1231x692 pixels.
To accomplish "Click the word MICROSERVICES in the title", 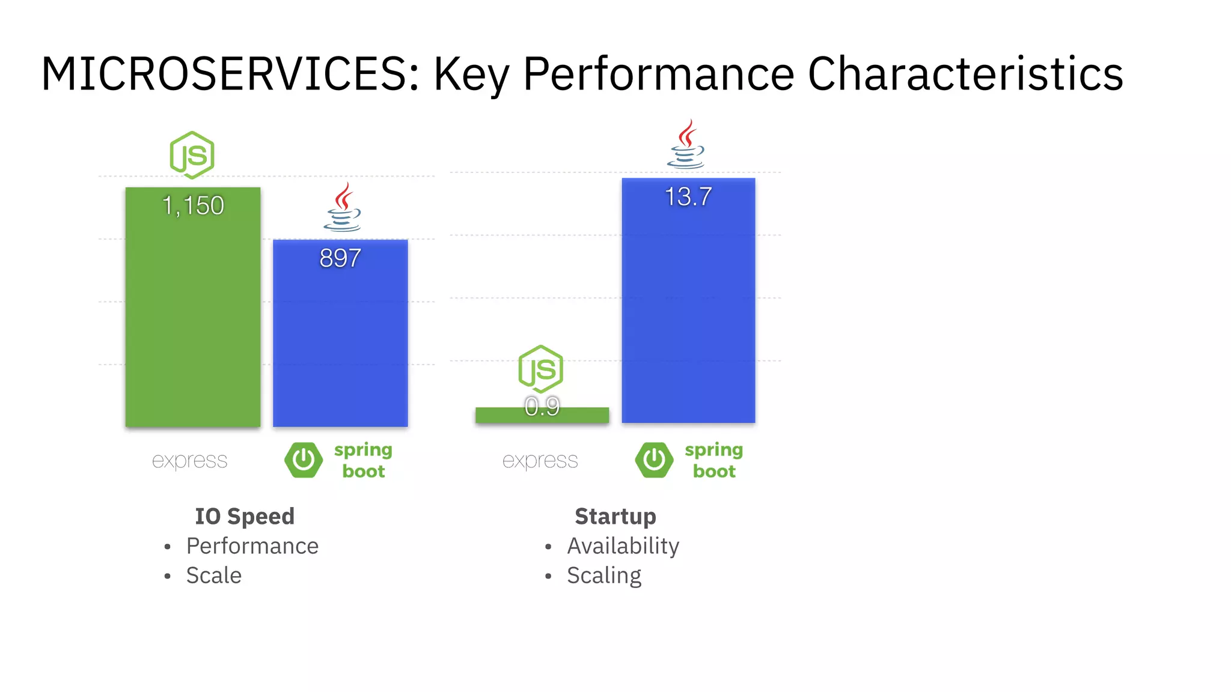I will pos(230,74).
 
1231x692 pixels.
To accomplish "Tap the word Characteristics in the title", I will pos(965,74).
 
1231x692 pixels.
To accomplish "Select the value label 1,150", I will pos(193,206).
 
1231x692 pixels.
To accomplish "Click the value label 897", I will pos(340,258).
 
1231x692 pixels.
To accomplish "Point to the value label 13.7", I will pos(688,197).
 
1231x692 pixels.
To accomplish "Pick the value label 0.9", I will pos(542,407).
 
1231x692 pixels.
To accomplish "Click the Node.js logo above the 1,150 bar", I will pos(192,155).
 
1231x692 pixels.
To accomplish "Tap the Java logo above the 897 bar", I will pos(343,208).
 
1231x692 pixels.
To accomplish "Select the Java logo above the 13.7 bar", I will pos(686,144).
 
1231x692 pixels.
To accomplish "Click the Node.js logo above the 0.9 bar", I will pos(540,369).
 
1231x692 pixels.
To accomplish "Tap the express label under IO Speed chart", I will pos(189,461).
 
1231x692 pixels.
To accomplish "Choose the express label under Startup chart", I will pos(540,461).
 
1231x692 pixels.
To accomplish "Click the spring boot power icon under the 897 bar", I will pos(304,460).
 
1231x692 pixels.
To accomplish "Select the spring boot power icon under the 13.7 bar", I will pos(654,460).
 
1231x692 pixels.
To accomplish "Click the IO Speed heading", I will pos(245,516).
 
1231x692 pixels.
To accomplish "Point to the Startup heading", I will pos(615,516).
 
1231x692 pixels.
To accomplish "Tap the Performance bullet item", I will pos(252,546).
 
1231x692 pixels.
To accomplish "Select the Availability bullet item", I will pos(623,546).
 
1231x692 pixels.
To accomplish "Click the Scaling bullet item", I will pos(603,575).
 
